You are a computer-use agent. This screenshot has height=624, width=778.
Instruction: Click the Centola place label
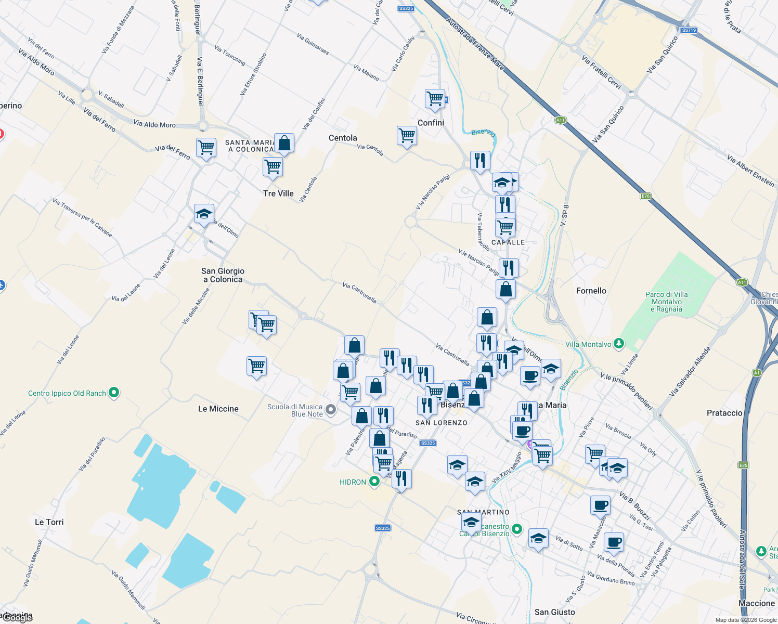pos(343,138)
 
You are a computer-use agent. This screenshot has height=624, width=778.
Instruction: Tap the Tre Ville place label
pos(278,193)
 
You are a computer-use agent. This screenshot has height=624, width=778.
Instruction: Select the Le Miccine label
pos(218,409)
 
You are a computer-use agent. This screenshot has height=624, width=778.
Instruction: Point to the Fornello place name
pos(591,291)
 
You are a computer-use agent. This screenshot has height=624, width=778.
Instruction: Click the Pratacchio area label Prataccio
pos(724,413)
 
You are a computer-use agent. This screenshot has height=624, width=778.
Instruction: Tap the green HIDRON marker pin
pos(374,482)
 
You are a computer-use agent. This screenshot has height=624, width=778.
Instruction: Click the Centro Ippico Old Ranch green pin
pos(114,393)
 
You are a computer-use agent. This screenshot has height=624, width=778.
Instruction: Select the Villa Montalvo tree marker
pos(618,343)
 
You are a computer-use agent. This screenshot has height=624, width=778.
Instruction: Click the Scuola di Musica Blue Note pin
pos(331,410)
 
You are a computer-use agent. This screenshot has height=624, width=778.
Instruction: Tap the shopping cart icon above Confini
pos(435,98)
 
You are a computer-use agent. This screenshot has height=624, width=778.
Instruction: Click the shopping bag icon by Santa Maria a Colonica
pos(284,143)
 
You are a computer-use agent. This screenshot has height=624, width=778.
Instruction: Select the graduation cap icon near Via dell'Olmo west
pos(204,214)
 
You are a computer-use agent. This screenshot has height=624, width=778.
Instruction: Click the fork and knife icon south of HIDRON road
pos(401,478)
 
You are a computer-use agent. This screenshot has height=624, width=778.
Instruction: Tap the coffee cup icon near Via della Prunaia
pos(614,542)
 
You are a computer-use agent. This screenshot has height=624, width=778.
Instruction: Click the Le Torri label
pos(49,522)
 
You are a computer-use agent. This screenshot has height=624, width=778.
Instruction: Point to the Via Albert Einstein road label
pos(750,171)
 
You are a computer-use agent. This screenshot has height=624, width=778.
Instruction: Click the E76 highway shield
pos(645,196)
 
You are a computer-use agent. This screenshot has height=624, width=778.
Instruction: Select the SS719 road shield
pos(688,30)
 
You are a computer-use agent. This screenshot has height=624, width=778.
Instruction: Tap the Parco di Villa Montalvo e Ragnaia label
pos(666,302)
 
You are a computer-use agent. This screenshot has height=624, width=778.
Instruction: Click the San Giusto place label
pos(554,612)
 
